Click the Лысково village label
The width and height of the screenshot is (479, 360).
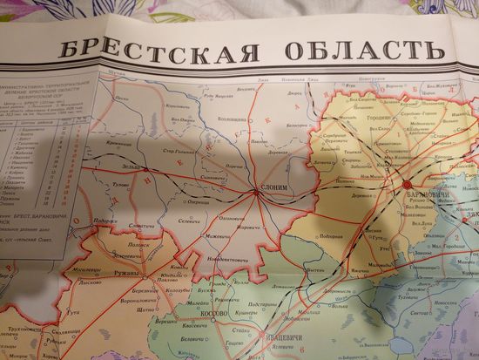coord(90,282)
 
